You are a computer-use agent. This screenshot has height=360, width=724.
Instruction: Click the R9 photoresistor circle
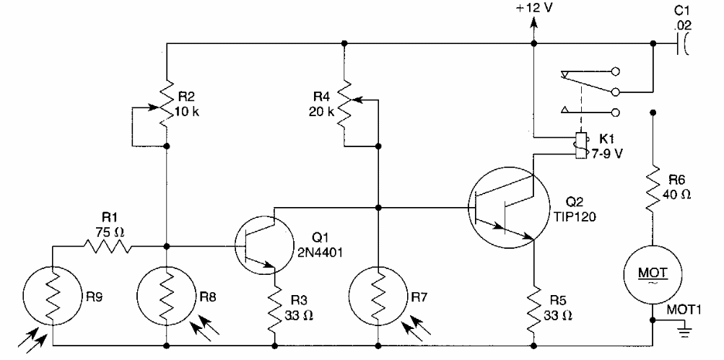(52, 296)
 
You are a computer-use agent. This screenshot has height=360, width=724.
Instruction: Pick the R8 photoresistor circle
(166, 296)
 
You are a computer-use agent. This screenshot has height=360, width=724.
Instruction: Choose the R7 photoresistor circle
(377, 296)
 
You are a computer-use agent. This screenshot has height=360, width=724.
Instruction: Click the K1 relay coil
(579, 146)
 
